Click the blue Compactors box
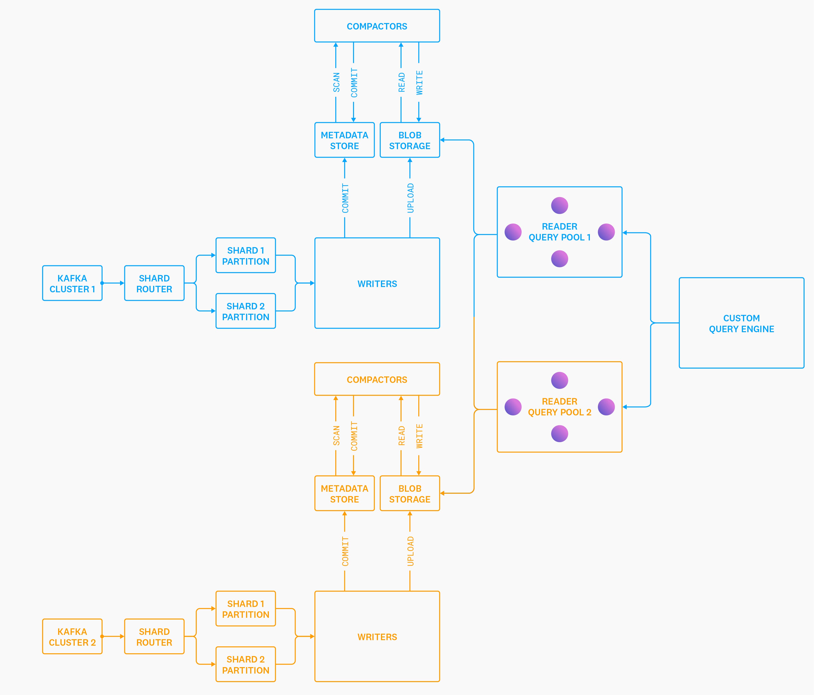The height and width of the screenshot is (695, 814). pyautogui.click(x=377, y=26)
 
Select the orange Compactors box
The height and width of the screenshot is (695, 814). pyautogui.click(x=377, y=379)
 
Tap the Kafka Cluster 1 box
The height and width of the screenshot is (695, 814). pyautogui.click(x=72, y=283)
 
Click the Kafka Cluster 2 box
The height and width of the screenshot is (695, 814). pyautogui.click(x=72, y=636)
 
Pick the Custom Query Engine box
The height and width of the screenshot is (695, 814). pyautogui.click(x=741, y=323)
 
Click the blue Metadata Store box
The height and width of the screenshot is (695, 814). pyautogui.click(x=345, y=140)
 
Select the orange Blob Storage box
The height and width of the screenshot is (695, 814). pyautogui.click(x=410, y=494)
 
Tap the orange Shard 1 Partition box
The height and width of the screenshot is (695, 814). pyautogui.click(x=246, y=609)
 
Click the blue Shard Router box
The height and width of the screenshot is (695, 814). pyautogui.click(x=154, y=283)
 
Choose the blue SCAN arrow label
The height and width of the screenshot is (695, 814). pyautogui.click(x=336, y=83)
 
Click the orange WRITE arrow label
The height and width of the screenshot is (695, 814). pyautogui.click(x=419, y=436)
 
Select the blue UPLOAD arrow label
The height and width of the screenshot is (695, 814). pyautogui.click(x=410, y=198)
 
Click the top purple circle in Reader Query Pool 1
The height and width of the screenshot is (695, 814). pyautogui.click(x=559, y=205)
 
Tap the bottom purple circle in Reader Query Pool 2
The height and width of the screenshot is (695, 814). pyautogui.click(x=559, y=434)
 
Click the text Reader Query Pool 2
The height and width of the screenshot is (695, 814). pyautogui.click(x=559, y=407)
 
